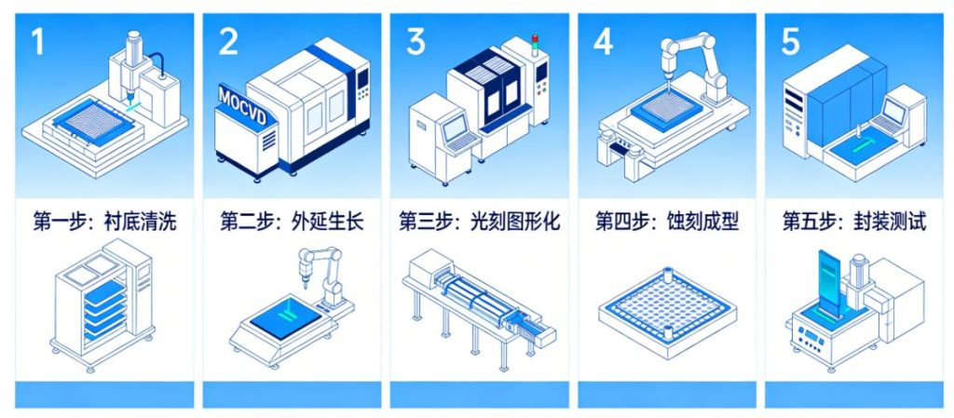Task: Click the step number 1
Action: tap(37, 42)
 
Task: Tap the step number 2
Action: tap(228, 42)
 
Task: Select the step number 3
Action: tap(416, 42)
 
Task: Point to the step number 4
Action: tap(604, 42)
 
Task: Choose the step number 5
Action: tap(791, 42)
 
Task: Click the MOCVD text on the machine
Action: tap(240, 98)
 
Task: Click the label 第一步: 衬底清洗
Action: tap(104, 222)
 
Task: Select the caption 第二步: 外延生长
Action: tap(292, 222)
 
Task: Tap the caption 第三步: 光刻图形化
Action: tap(480, 222)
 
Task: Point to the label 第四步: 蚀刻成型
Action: tap(667, 222)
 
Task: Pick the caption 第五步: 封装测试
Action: tap(854, 222)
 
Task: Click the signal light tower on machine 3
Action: tap(535, 43)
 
